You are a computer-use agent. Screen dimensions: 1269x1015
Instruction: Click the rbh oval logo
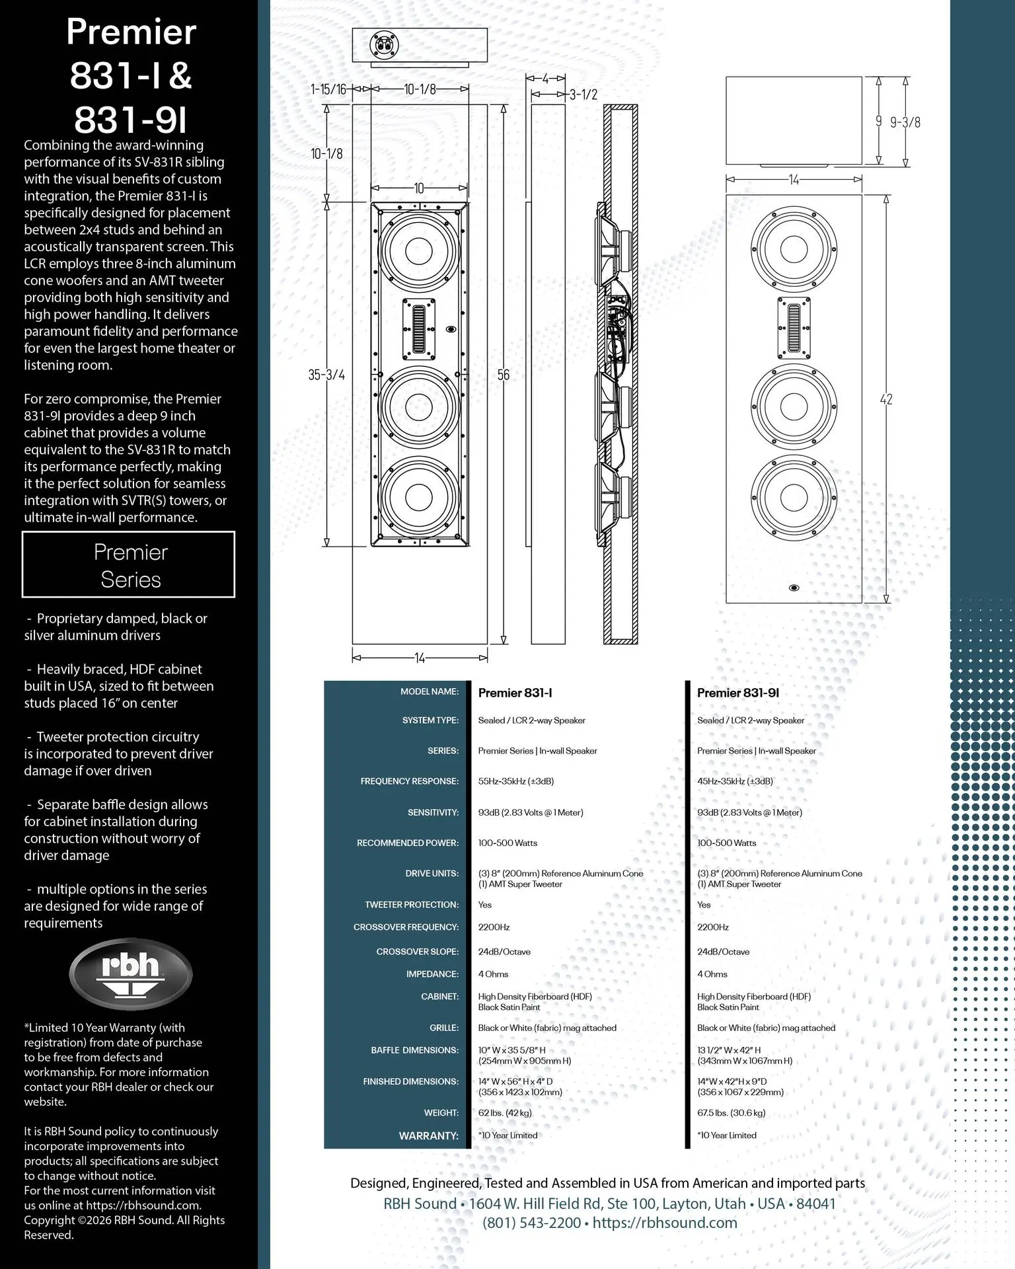(131, 974)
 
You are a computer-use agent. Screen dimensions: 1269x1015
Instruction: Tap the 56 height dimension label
(504, 375)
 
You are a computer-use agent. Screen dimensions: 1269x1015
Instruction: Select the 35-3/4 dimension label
(326, 375)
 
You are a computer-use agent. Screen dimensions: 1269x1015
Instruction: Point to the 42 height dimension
(886, 399)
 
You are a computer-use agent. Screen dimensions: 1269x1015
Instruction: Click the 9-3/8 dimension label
(905, 122)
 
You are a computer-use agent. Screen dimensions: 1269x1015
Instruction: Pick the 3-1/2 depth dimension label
(583, 95)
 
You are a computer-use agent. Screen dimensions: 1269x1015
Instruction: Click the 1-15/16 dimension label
(328, 89)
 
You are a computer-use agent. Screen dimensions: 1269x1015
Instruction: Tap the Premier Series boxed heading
(130, 565)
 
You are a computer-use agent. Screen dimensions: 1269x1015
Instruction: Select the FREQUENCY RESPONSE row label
(409, 781)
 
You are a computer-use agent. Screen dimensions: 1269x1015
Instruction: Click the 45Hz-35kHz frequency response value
(735, 781)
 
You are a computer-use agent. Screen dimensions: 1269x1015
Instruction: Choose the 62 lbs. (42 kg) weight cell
(505, 1112)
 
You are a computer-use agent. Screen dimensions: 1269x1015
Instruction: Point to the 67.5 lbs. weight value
(731, 1112)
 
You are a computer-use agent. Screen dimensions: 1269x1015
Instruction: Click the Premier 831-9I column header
(737, 693)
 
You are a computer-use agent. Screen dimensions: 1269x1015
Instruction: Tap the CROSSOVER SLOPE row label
(417, 952)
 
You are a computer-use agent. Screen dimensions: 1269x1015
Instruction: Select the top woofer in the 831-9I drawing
(794, 249)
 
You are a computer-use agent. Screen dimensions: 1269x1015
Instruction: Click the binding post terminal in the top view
(384, 45)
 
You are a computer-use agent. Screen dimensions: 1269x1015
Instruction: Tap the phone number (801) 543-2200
(532, 1223)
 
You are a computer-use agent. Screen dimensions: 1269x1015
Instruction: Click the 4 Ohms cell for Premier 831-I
(493, 974)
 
